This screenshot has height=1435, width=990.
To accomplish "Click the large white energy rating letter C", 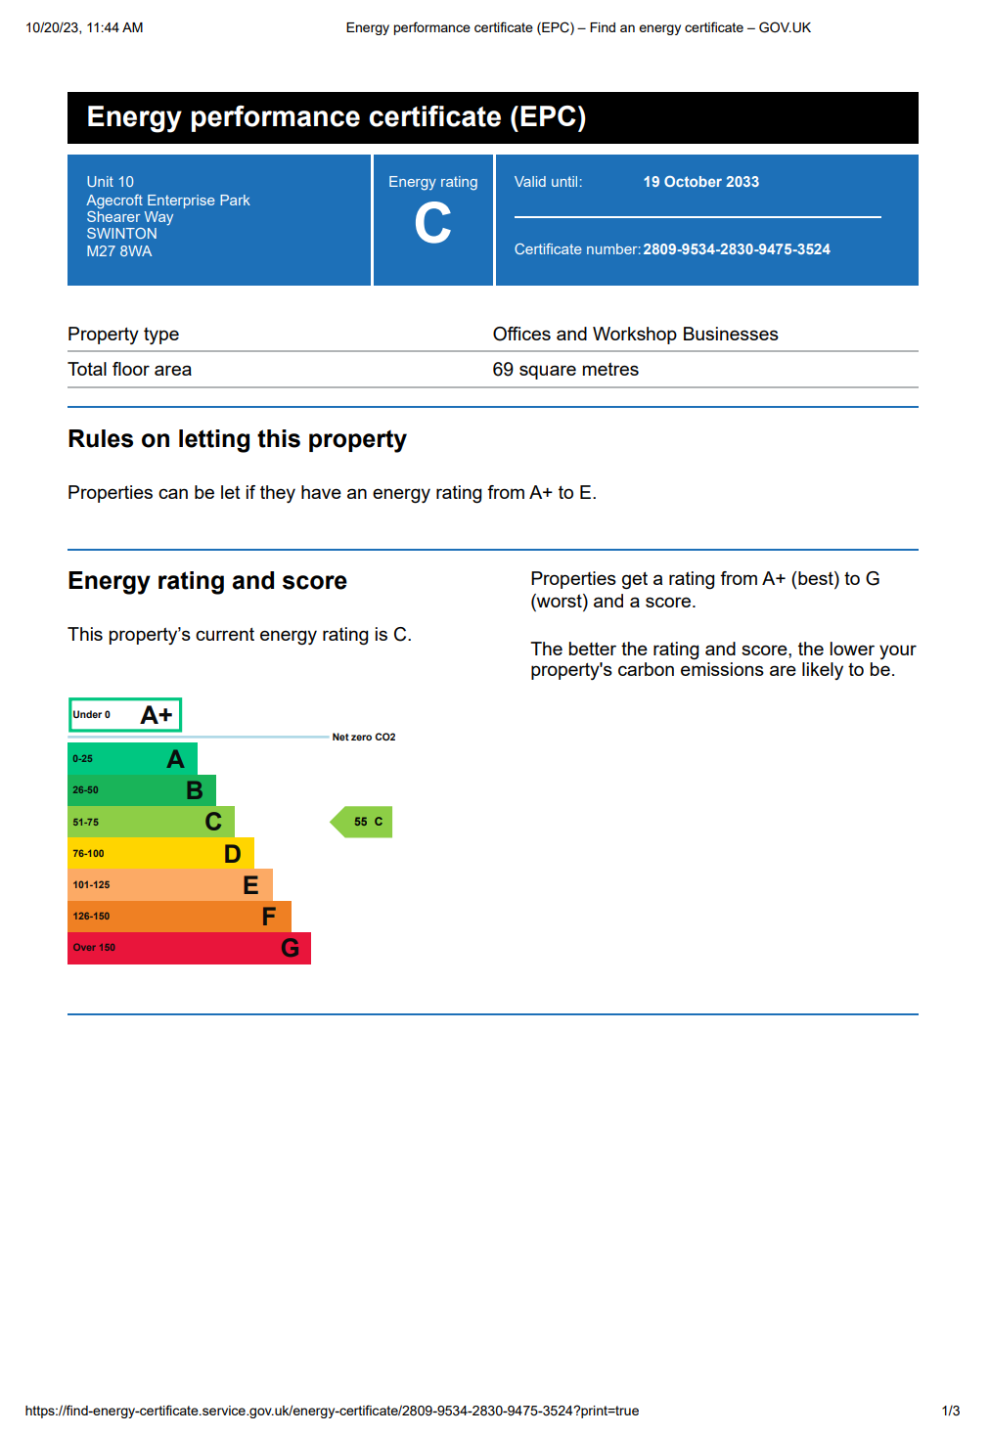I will [432, 223].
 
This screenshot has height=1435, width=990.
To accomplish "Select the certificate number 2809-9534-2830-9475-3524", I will [737, 249].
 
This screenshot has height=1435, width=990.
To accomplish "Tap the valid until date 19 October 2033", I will [700, 182].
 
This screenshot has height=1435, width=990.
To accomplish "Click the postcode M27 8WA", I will [119, 251].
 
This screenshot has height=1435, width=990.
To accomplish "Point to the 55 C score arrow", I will [363, 822].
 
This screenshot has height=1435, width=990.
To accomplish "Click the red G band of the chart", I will [189, 948].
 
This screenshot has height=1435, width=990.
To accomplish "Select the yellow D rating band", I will [160, 853].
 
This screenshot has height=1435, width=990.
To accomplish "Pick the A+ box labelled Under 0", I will [125, 715].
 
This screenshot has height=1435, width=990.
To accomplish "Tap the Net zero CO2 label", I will [364, 737].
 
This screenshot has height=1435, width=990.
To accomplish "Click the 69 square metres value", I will [565, 370].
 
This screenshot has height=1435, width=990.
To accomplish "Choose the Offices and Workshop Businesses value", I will [635, 335].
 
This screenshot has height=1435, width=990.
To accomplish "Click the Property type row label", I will [123, 335].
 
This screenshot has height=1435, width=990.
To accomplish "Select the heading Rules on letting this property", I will [237, 439].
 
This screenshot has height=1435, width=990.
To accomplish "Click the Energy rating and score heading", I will [207, 581].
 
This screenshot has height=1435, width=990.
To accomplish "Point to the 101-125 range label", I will [91, 885].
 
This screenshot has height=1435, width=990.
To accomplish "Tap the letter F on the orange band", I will [269, 917].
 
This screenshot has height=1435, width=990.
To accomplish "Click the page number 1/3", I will [950, 1411].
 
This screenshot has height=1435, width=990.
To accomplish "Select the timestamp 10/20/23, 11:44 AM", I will [84, 27].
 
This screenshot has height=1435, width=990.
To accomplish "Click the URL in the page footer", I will [332, 1411].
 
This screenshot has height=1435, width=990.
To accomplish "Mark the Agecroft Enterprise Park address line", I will [168, 201].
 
